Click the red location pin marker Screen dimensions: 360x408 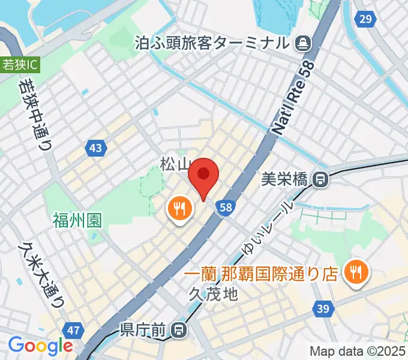(203, 175)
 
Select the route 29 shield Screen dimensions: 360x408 (364, 19)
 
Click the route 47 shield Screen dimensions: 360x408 (74, 331)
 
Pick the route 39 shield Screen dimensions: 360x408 (323, 308)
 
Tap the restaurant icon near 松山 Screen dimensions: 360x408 (179, 209)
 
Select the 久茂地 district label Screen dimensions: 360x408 (214, 294)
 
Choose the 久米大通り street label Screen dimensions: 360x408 (43, 273)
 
